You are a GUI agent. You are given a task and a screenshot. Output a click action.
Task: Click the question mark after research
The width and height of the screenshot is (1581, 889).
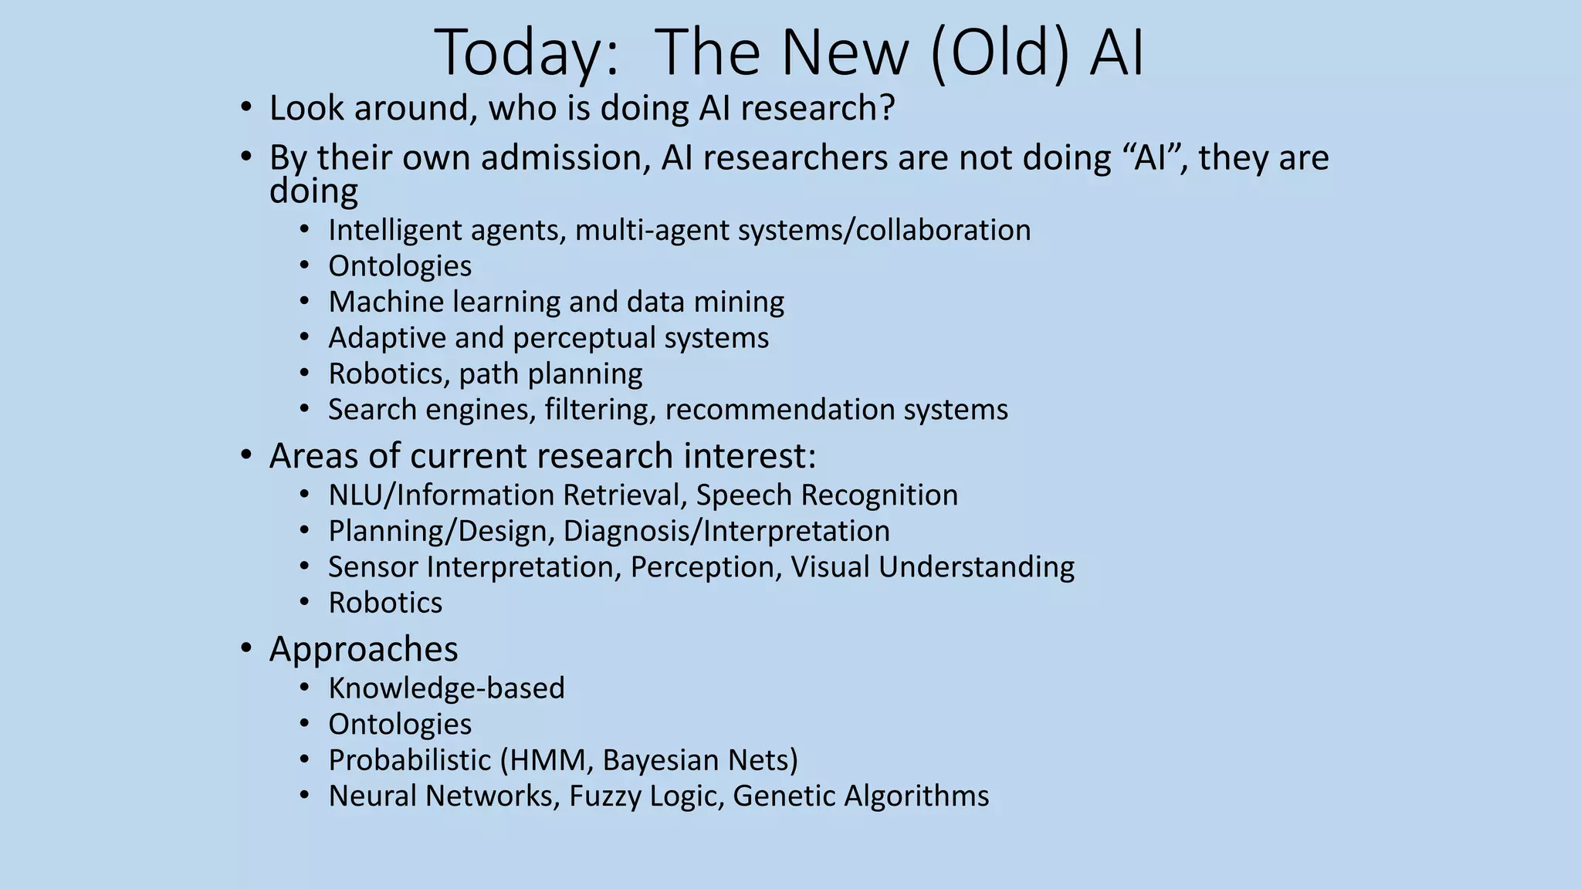tap(886, 108)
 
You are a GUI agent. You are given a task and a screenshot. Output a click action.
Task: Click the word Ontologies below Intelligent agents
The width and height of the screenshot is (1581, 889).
tap(400, 266)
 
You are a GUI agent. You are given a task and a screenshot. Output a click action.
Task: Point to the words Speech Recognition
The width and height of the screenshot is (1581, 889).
tap(827, 495)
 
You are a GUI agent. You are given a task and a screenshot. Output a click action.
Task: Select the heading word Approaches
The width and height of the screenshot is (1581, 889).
tap(364, 649)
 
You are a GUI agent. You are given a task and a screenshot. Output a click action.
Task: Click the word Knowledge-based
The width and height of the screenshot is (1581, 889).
tap(446, 688)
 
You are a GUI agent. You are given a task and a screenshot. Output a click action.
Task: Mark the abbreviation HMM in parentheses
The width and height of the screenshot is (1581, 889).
tap(549, 760)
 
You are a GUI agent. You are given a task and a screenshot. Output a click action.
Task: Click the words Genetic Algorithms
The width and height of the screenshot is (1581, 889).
tap(861, 796)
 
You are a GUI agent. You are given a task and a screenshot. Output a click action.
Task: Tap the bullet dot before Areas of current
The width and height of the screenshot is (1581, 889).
tap(245, 455)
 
